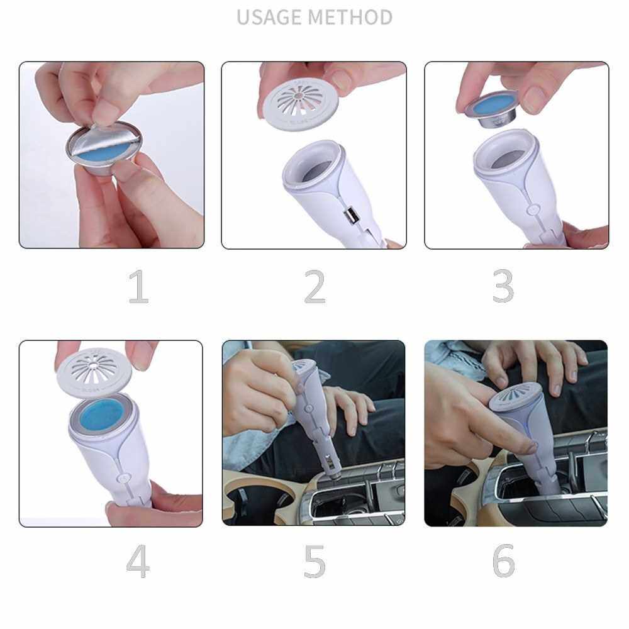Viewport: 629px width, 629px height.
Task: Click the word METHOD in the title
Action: point(351,17)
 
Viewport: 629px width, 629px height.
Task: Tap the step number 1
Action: point(138,286)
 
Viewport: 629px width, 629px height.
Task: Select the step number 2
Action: point(315,286)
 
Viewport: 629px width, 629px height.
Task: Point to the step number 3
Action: point(503,286)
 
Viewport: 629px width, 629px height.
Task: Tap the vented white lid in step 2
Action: point(301,103)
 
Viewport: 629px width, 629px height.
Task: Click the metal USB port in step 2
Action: point(350,216)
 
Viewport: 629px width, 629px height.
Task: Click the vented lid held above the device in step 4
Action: point(94,370)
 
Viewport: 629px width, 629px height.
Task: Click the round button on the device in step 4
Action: point(123,478)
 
